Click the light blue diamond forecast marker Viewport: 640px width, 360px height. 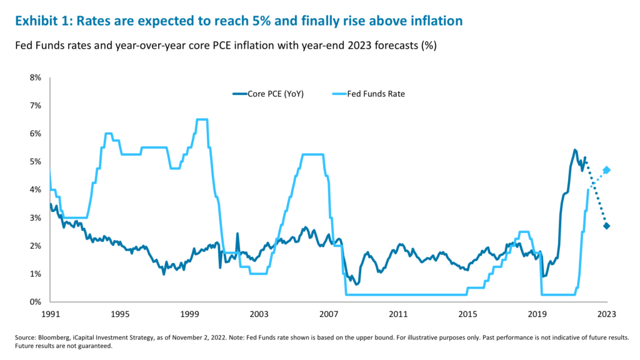pyautogui.click(x=606, y=170)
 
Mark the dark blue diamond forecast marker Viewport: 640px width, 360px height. pyautogui.click(x=606, y=226)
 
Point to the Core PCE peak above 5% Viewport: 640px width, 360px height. pyautogui.click(x=574, y=150)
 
